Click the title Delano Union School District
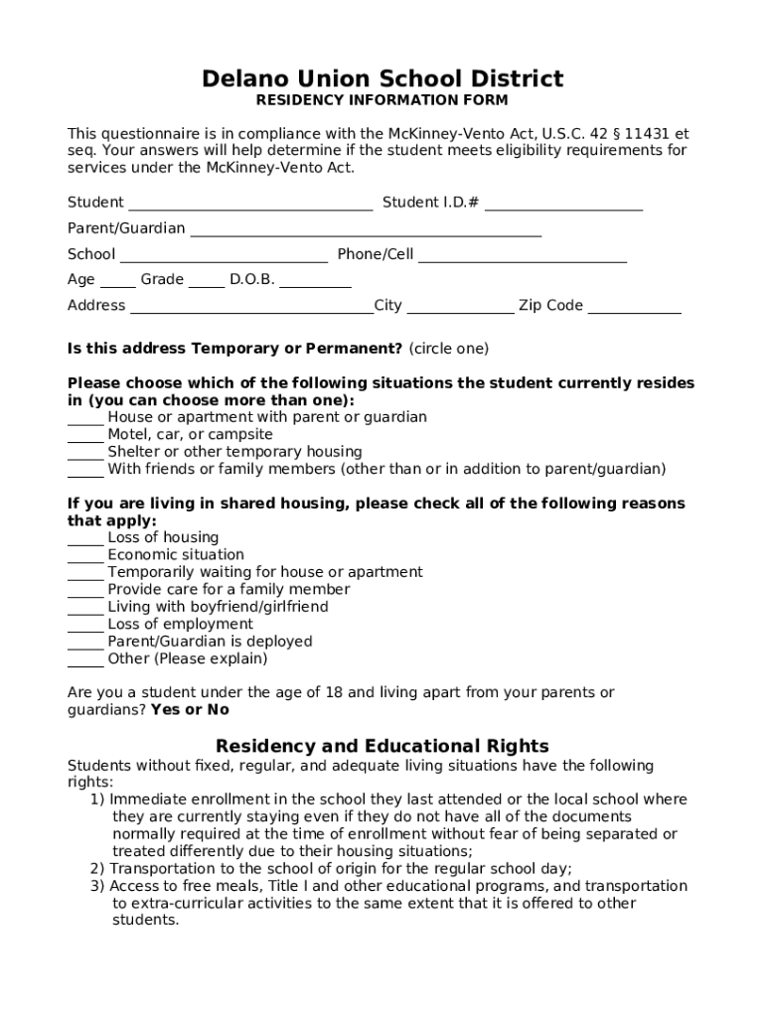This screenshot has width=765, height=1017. (x=382, y=78)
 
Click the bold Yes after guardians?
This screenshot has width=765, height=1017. (x=165, y=709)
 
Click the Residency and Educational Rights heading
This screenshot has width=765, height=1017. (x=382, y=746)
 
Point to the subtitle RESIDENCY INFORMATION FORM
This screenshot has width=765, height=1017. (x=382, y=100)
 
